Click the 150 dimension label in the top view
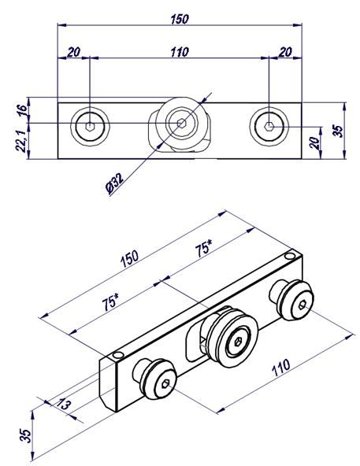coord(180,20)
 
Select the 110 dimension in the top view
coord(180,52)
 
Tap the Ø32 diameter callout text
coord(115,183)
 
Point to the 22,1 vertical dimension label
coord(21,142)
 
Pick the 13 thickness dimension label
coord(64,405)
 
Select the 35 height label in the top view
coord(338,131)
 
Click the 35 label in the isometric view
coord(26,435)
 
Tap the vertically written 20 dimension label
coord(314,143)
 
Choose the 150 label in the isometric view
coord(130,259)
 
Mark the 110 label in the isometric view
coord(281,368)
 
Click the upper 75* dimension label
coord(204,249)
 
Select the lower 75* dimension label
coord(110,302)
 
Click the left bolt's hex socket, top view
coord(90,127)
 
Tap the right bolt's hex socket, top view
coord(269,126)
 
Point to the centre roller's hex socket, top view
coord(181,123)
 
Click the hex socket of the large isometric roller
coord(239,342)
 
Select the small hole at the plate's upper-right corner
coord(289,256)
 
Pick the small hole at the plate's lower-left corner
coord(118,355)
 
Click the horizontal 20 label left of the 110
coord(73,52)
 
